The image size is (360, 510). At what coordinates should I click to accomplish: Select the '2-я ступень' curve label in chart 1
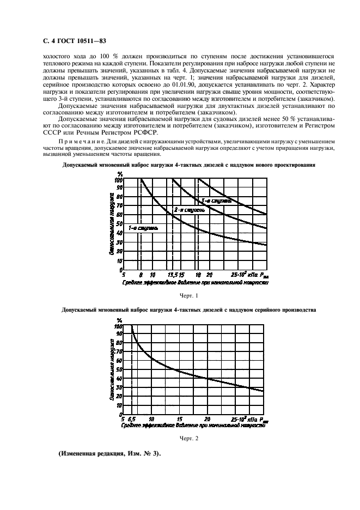tap(189, 209)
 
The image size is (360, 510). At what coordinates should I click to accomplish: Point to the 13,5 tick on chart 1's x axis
tap(173, 275)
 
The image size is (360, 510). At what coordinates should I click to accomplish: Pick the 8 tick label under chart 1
tap(141, 275)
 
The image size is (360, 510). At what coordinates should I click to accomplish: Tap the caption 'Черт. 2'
tap(188, 438)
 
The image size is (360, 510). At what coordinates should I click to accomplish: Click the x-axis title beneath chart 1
tap(196, 282)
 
